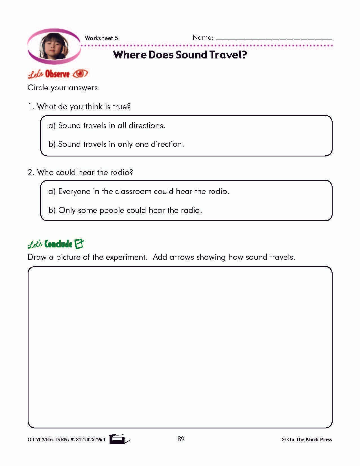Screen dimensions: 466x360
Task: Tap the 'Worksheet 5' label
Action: pos(101,38)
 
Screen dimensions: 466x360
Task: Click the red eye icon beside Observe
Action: pos(80,74)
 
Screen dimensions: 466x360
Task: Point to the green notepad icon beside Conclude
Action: pos(79,244)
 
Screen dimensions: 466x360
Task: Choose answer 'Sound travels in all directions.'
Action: pos(111,125)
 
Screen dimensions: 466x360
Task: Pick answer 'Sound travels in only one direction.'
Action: pos(121,144)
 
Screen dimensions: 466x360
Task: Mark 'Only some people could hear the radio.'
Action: pos(130,210)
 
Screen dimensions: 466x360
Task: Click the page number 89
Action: pos(181,439)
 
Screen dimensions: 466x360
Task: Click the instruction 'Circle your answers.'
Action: pos(64,88)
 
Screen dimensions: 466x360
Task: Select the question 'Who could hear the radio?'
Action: pos(85,172)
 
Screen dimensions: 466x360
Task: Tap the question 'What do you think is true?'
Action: pos(84,107)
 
